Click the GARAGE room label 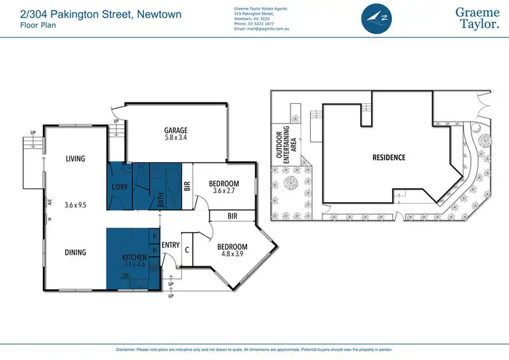[x=175, y=130]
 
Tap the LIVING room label [x=75, y=159]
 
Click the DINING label [x=75, y=252]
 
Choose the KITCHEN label [x=134, y=258]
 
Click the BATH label [x=162, y=200]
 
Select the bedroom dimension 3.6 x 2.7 [x=223, y=192]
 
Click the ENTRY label [x=170, y=245]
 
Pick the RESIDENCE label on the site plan [x=389, y=158]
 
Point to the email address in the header [x=263, y=29]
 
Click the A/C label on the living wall [x=50, y=202]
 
